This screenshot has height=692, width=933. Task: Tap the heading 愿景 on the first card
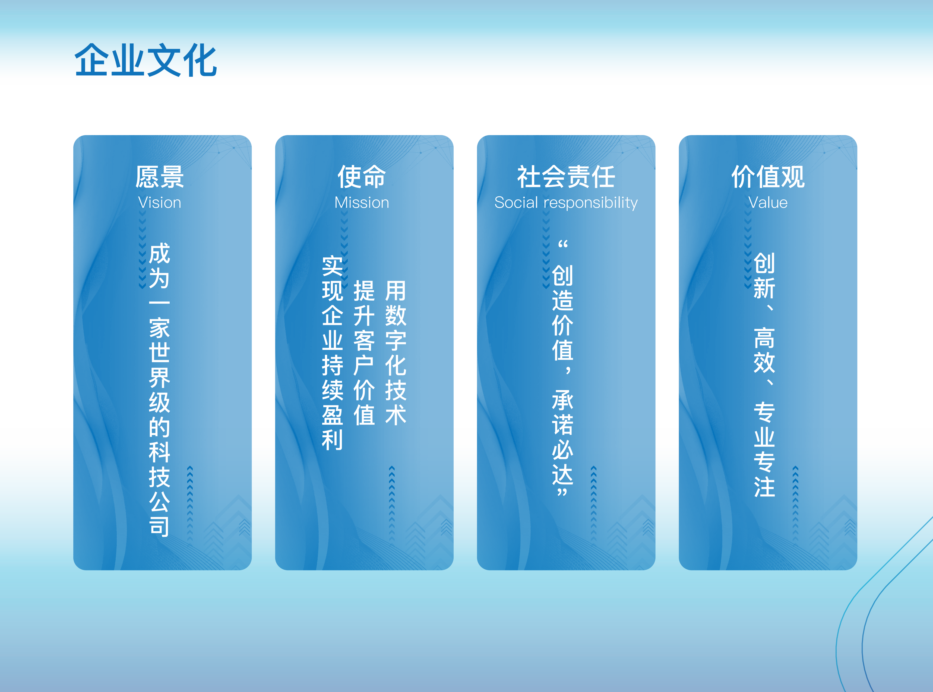[160, 177]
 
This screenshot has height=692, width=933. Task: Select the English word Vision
[160, 203]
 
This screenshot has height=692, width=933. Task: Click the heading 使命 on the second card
[362, 177]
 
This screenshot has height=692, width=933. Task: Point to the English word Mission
[362, 203]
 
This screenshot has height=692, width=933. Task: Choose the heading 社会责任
[566, 177]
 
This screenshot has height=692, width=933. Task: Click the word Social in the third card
[516, 203]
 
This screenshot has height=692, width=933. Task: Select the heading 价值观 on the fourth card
[768, 177]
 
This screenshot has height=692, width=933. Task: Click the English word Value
[768, 203]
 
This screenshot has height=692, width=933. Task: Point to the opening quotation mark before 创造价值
[563, 244]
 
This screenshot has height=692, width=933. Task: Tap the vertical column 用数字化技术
[396, 353]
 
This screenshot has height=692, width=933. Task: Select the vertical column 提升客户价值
[364, 353]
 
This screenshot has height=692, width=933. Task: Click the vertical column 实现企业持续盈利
[332, 353]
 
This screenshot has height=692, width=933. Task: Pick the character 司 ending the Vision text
[160, 526]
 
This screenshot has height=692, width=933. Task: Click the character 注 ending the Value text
[764, 487]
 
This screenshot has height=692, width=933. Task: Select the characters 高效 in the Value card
[764, 350]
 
